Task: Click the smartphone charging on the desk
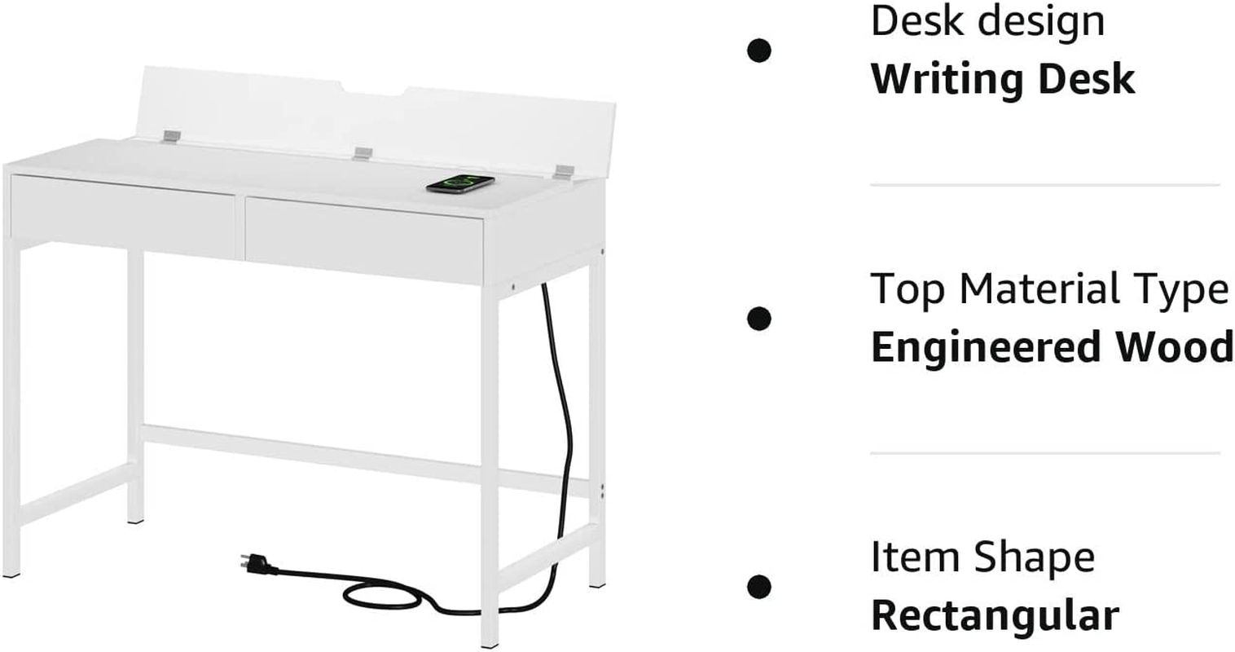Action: (x=460, y=184)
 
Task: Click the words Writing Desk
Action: (x=1003, y=79)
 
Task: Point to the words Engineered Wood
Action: (x=1052, y=347)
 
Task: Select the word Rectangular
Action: (x=995, y=615)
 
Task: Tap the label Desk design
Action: (x=987, y=21)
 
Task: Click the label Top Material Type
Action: (x=1049, y=289)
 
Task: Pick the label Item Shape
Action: (x=982, y=557)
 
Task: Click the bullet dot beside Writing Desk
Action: (x=759, y=51)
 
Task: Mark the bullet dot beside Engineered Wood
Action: (x=759, y=319)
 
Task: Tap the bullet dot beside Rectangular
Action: (x=759, y=586)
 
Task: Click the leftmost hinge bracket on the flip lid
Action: (x=169, y=135)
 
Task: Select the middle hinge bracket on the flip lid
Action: (x=363, y=153)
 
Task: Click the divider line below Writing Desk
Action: (x=1044, y=185)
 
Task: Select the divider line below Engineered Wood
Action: (x=1044, y=452)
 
